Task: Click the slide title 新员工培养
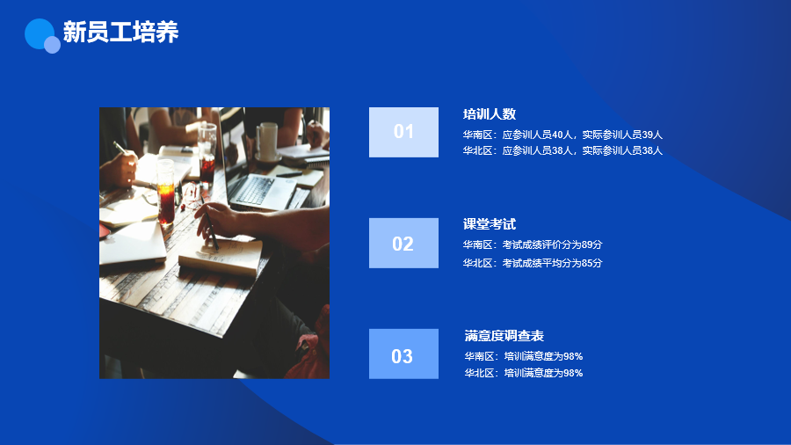tap(120, 32)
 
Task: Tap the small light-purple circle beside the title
tap(52, 45)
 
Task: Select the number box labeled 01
tap(403, 132)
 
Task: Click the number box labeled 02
tap(403, 244)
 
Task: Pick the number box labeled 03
tap(403, 354)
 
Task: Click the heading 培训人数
tap(490, 114)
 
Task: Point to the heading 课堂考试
tap(490, 224)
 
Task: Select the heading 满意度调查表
tap(504, 336)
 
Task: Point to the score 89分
tap(591, 244)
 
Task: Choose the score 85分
tap(591, 263)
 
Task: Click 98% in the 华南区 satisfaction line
tap(573, 356)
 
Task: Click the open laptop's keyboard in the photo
tap(255, 190)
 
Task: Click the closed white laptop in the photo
tap(132, 243)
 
